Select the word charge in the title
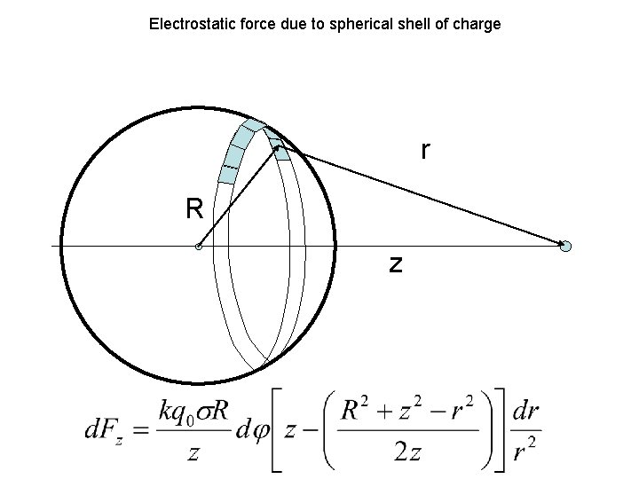pos(478,24)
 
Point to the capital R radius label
pos(194,209)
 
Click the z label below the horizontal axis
pos(396,263)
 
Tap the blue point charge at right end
pos(566,246)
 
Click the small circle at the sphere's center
pos(199,247)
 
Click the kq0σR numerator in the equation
pos(195,412)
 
